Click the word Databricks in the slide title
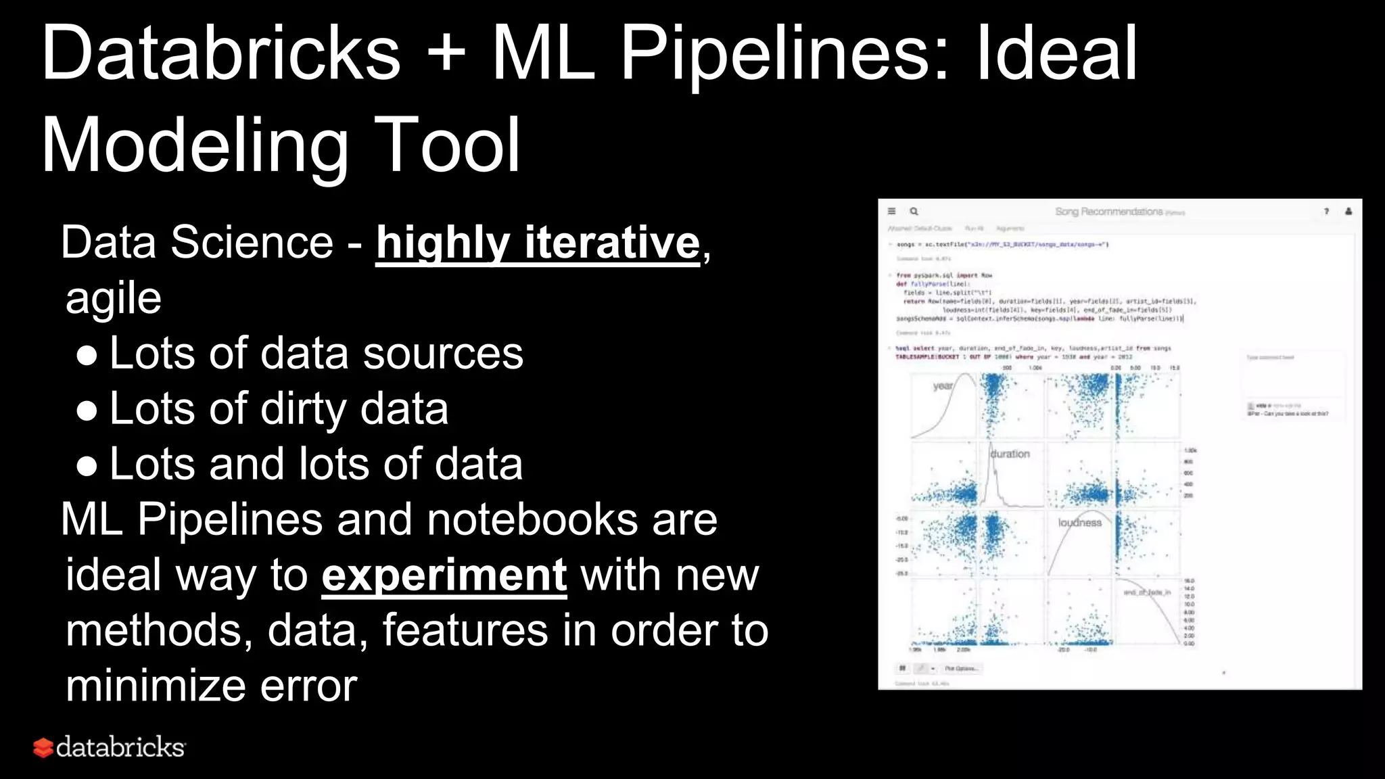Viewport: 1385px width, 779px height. coord(220,53)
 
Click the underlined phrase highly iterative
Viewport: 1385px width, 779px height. coord(538,243)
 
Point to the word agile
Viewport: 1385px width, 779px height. coord(113,298)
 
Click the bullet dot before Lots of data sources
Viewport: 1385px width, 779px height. coord(87,355)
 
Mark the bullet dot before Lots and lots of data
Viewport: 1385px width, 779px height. coord(87,466)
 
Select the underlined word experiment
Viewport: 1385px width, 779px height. coord(444,575)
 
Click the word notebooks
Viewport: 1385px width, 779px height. coord(532,520)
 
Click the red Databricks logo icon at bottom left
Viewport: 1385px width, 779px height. coord(43,747)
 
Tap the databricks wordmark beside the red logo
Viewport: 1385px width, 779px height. coord(120,747)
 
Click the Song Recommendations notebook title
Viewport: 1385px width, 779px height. coord(1109,212)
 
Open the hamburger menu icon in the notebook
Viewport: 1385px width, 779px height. coord(891,211)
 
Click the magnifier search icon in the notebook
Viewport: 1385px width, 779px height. coord(914,211)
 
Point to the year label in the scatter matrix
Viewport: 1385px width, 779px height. coord(943,386)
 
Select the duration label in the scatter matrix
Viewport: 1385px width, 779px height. coord(1010,454)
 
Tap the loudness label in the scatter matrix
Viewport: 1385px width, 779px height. coord(1079,523)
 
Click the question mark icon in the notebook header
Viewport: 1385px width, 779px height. coord(1326,211)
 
